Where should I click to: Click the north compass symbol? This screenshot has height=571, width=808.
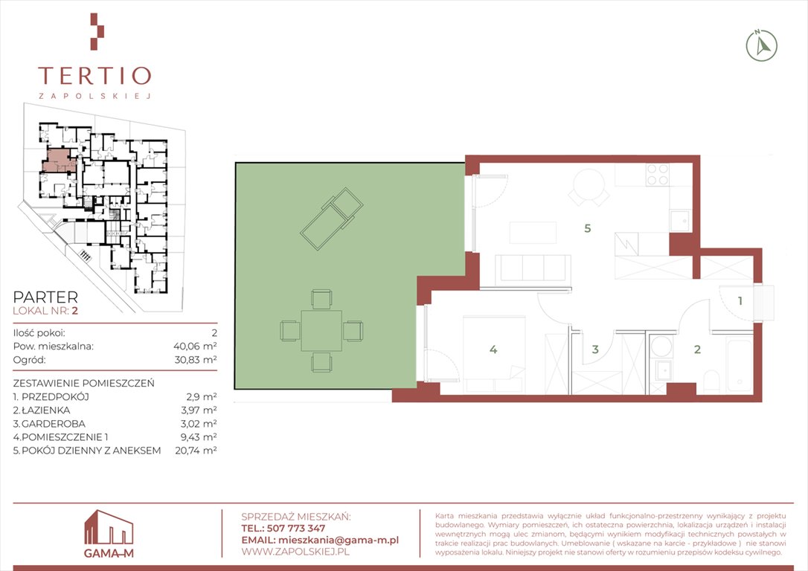[762, 46]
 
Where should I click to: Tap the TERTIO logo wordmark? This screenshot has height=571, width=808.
[94, 76]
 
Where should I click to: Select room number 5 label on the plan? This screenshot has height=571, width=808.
[588, 228]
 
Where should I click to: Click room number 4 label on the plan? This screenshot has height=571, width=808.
[493, 349]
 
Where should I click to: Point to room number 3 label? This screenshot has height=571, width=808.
[595, 349]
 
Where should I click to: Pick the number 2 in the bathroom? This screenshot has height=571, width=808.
[697, 349]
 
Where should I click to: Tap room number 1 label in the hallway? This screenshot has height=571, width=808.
[740, 300]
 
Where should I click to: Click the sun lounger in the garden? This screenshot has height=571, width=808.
[332, 219]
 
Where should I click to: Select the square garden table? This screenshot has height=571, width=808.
[321, 331]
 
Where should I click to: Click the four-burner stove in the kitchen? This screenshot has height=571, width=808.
[658, 174]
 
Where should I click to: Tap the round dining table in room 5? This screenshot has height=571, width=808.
[589, 184]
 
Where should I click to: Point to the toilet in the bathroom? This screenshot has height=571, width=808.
[711, 381]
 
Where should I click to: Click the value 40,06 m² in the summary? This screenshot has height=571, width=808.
[195, 346]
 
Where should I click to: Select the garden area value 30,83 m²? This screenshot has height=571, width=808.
[195, 360]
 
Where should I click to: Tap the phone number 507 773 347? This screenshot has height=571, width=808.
[296, 529]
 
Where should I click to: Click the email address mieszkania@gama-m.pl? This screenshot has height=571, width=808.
[338, 540]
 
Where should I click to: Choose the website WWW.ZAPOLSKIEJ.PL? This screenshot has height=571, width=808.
[295, 552]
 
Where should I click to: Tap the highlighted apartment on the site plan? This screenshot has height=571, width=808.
[58, 160]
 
